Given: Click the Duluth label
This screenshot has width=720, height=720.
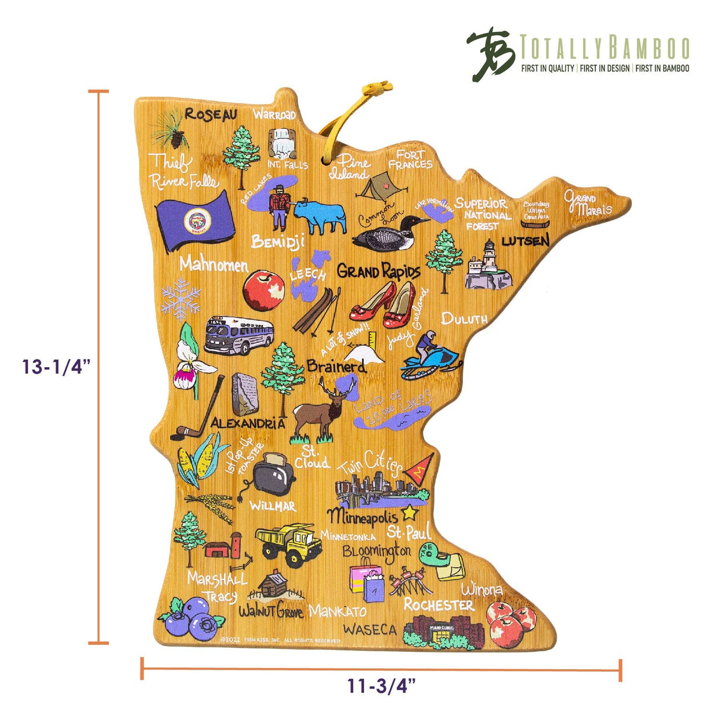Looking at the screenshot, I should (x=464, y=318).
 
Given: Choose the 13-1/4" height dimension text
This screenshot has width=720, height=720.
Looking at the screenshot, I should (x=56, y=367).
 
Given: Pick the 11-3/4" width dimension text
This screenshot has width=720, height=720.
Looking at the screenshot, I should (x=381, y=687).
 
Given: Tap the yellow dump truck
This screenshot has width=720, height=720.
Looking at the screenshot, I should (x=288, y=543).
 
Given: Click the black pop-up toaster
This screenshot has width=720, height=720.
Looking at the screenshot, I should (x=272, y=477).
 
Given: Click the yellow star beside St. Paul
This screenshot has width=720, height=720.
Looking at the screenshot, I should (x=410, y=512).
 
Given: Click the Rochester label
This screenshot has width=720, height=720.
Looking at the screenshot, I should (x=438, y=605).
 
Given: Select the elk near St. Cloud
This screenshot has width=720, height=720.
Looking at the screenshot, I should (x=320, y=409).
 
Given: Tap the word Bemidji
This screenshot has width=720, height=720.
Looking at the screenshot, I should (x=278, y=241).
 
